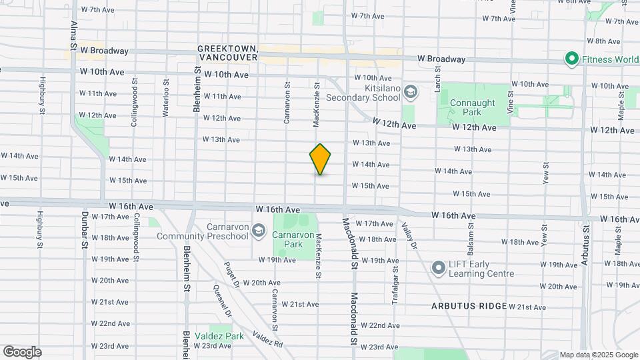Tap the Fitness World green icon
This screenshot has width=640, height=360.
[571, 59]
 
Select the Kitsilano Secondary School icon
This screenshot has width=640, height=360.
[410, 91]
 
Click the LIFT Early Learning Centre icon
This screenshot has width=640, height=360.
[438, 267]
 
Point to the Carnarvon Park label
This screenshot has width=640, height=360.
[288, 239]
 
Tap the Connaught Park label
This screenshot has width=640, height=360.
[472, 107]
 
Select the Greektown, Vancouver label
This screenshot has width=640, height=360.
[228, 53]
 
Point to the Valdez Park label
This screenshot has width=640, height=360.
[219, 336]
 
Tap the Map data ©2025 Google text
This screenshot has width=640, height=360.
[599, 355]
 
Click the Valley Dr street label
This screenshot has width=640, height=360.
[408, 237]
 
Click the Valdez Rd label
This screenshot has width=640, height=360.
[267, 339]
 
